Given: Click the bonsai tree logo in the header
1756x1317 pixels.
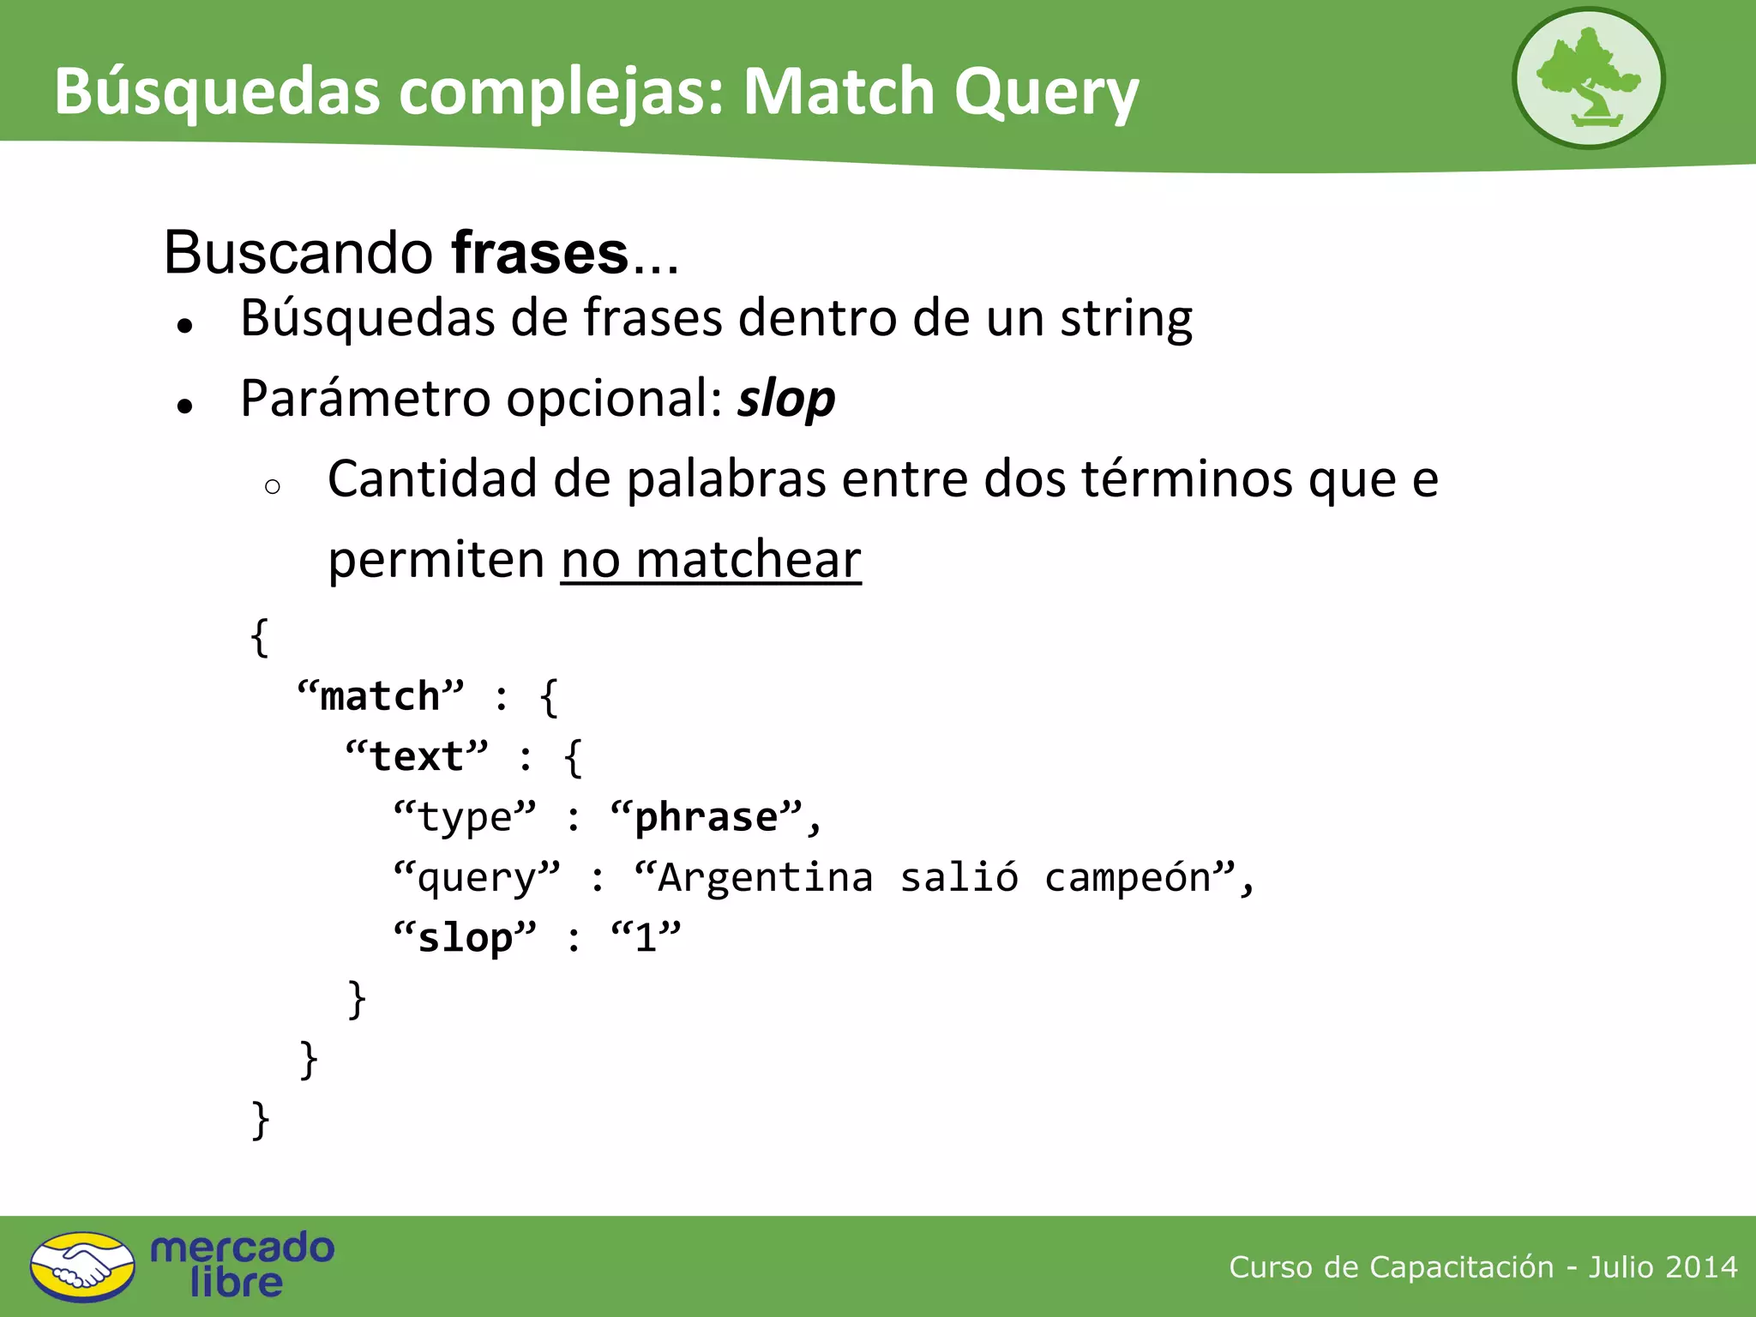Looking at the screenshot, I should click(x=1587, y=78).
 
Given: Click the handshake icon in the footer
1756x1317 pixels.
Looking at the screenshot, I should click(x=82, y=1266).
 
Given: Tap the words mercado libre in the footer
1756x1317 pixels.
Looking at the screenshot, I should click(x=242, y=1266).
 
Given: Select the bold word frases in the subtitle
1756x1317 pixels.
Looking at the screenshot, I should click(x=540, y=254).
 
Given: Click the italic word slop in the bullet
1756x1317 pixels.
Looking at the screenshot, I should click(x=786, y=400).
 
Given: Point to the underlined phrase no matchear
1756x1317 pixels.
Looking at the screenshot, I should click(x=711, y=560).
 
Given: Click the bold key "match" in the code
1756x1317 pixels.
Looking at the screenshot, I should click(x=380, y=696).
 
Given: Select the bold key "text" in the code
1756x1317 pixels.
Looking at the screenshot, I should click(x=417, y=756).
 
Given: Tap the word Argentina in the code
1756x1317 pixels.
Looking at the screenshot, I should click(x=765, y=877).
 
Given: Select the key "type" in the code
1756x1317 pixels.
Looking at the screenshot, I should click(x=464, y=817).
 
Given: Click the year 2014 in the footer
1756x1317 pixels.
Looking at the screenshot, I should click(x=1701, y=1266).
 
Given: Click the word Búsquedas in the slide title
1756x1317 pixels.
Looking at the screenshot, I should click(x=216, y=91).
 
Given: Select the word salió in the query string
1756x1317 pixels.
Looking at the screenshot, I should click(x=959, y=877).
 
